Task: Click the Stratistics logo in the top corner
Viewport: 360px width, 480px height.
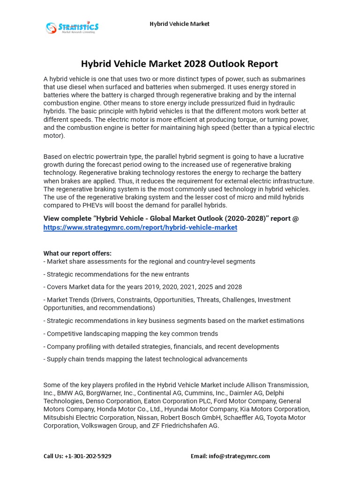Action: (x=72, y=27)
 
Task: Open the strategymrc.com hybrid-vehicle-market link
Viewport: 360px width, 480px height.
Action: (x=140, y=227)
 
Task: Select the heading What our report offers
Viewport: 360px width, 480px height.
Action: (x=77, y=254)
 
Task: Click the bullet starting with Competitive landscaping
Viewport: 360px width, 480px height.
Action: (x=131, y=334)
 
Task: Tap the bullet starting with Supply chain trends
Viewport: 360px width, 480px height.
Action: (x=145, y=359)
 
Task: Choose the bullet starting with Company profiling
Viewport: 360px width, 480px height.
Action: (x=161, y=346)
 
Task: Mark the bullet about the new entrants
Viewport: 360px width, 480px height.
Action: (x=116, y=274)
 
